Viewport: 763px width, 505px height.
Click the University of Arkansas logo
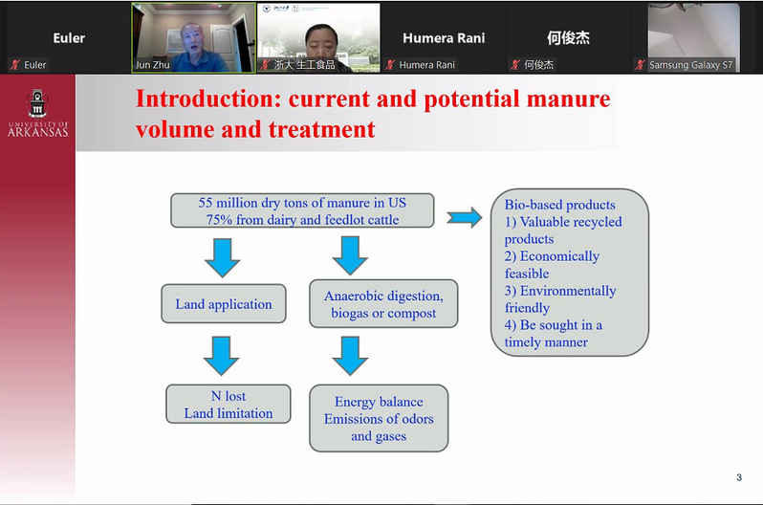click(37, 114)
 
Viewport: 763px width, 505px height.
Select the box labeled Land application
click(224, 304)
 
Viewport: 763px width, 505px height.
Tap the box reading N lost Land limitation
click(228, 405)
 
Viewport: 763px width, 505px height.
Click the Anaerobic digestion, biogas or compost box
click(383, 304)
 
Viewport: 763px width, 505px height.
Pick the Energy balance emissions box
click(379, 419)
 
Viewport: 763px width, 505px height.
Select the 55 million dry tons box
click(302, 210)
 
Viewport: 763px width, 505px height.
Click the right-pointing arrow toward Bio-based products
click(465, 217)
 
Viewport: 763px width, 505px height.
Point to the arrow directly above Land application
click(222, 256)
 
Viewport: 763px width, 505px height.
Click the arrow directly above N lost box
click(222, 356)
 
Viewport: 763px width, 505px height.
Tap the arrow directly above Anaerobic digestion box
click(351, 255)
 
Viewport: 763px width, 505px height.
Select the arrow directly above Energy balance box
click(351, 356)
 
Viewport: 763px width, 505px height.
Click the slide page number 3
click(738, 477)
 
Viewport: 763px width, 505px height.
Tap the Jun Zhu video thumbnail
click(193, 37)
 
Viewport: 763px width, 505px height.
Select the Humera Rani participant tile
click(443, 38)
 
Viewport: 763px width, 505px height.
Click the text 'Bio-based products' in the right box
click(559, 205)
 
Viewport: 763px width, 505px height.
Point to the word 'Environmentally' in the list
click(560, 291)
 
